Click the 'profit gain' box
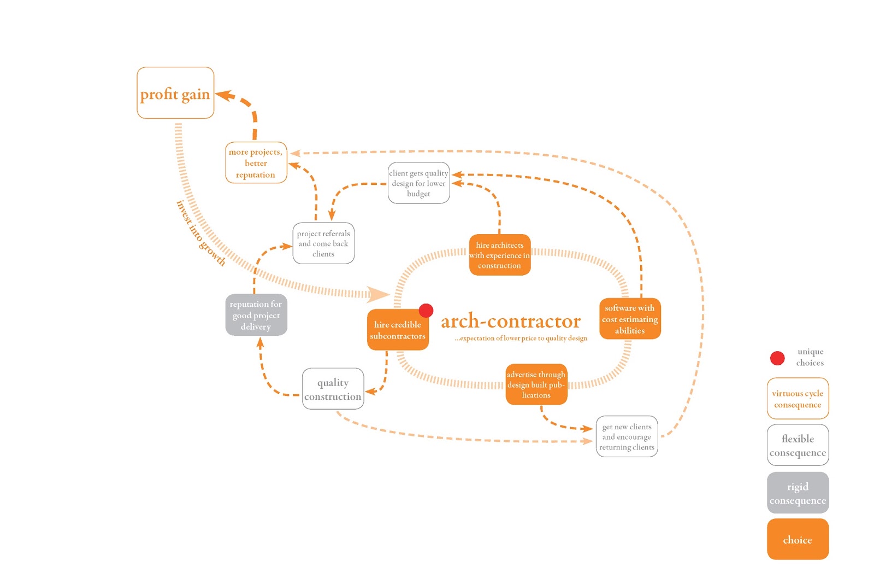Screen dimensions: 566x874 (175, 93)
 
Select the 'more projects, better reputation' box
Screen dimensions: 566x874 (256, 163)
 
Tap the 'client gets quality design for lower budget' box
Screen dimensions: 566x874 (418, 183)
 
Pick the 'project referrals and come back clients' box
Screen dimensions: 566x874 (323, 243)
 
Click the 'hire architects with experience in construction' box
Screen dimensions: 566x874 (499, 255)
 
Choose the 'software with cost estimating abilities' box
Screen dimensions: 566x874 (630, 319)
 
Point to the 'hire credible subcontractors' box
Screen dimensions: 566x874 (397, 330)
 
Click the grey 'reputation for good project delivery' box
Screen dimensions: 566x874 (256, 315)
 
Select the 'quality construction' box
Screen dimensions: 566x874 (333, 389)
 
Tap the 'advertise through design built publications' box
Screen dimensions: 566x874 (536, 384)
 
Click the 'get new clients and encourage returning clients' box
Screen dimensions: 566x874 (627, 436)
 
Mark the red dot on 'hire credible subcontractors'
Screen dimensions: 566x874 (426, 311)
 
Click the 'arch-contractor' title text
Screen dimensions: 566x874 (511, 321)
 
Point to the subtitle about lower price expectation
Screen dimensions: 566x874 (521, 339)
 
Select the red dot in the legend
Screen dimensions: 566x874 (777, 358)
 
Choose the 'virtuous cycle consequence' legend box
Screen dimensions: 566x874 (798, 399)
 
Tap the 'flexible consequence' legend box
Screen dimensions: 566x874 (798, 445)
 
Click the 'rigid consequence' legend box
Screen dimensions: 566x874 (798, 493)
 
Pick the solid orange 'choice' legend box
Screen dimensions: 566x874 (798, 539)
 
